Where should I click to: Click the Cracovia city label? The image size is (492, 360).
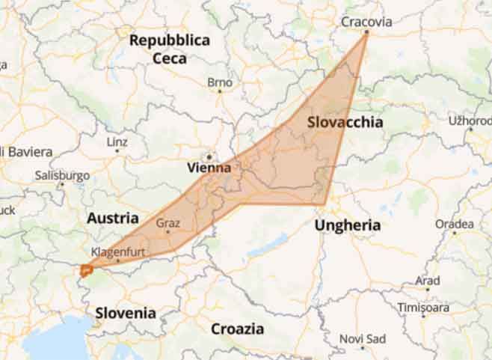(366, 22)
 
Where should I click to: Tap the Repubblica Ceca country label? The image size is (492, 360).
(170, 49)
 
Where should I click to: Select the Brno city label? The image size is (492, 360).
(220, 82)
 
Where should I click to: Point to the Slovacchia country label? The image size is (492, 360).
(345, 122)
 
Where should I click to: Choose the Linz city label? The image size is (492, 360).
(117, 141)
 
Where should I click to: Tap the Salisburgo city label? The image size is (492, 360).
(62, 176)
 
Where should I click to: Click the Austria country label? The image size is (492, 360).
(113, 219)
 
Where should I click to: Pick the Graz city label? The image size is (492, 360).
(167, 222)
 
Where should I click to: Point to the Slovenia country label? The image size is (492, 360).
(126, 313)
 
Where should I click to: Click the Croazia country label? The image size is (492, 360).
(237, 329)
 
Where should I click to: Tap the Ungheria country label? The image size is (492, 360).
(348, 225)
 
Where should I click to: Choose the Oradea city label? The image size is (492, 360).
(455, 224)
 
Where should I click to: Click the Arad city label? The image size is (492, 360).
(428, 281)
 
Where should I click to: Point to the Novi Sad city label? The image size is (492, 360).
(362, 338)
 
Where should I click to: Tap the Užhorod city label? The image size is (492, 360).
(470, 120)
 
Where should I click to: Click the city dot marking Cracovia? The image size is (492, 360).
(366, 33)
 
